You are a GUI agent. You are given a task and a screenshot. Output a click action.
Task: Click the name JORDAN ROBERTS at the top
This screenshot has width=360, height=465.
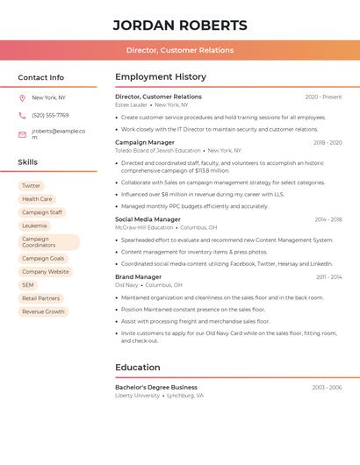180,25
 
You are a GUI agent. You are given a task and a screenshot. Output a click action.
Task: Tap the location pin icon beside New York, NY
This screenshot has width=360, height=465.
22,97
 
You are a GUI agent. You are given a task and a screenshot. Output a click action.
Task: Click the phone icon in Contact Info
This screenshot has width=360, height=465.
22,115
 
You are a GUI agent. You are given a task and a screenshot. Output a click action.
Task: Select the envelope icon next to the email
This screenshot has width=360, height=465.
22,134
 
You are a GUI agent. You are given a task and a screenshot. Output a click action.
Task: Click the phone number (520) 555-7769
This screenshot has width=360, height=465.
50,115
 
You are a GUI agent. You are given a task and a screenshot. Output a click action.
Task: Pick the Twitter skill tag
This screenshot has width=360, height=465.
31,186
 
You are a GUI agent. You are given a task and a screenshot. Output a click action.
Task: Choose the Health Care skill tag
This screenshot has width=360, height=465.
37,199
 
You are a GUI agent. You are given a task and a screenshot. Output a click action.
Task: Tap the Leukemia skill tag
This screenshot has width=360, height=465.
34,225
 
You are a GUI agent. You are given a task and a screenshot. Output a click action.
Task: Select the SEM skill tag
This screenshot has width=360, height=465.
28,285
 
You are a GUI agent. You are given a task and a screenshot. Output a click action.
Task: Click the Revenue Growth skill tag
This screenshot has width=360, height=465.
43,311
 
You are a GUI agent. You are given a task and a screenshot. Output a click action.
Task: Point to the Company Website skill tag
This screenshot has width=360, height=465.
45,272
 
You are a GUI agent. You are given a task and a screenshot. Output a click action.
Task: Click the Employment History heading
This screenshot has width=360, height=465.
161,77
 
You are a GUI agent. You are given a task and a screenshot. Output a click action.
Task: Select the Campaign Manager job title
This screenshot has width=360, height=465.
145,142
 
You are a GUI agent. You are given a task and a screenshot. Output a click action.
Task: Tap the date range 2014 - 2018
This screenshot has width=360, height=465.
328,219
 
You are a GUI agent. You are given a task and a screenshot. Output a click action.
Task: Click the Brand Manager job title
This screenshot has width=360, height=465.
138,277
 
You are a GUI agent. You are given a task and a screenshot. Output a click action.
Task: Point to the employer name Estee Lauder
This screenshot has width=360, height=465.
132,104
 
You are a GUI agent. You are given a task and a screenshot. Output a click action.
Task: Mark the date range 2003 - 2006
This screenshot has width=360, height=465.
326,387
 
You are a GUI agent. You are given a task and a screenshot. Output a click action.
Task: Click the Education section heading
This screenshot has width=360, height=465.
138,368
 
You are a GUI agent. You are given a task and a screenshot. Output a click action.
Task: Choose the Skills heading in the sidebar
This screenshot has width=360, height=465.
27,162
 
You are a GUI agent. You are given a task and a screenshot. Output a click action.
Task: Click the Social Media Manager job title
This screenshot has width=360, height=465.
148,219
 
